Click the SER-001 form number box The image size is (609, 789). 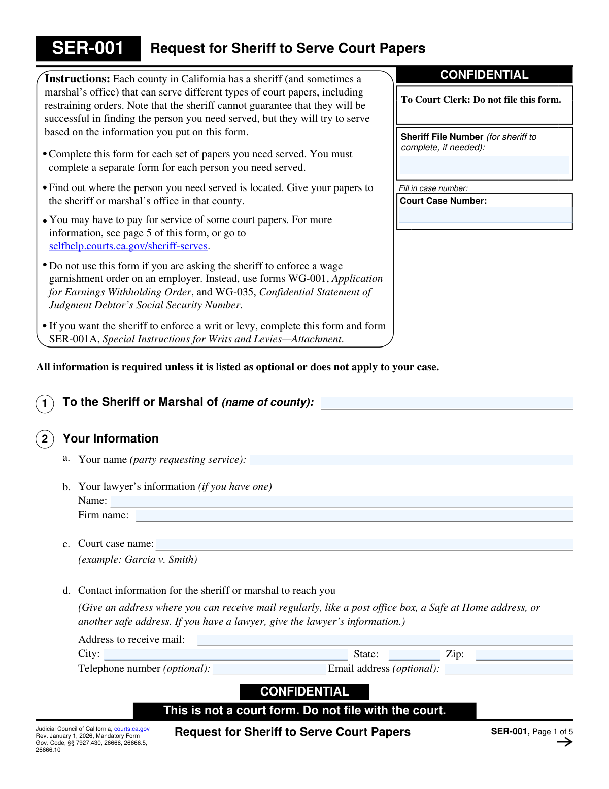[x=88, y=48]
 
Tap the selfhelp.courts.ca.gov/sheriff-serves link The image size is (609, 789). [x=128, y=246]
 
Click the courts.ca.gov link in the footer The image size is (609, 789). [x=131, y=729]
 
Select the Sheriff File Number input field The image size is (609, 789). [x=485, y=166]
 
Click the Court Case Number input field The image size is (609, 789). [x=485, y=215]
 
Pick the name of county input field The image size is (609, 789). [x=447, y=403]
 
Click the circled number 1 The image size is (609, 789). [x=45, y=404]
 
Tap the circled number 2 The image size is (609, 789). [x=45, y=439]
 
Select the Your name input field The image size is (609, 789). [x=411, y=460]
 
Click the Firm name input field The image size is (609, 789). [x=354, y=516]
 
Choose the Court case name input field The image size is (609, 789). [x=364, y=545]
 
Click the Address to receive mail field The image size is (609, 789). [x=385, y=640]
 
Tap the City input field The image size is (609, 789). [x=225, y=655]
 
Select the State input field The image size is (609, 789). [x=414, y=655]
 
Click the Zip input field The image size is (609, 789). [x=524, y=655]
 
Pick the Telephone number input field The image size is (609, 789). [x=269, y=669]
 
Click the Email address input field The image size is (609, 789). [x=509, y=669]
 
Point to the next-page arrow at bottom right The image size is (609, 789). [x=564, y=742]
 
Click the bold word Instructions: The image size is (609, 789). [x=77, y=79]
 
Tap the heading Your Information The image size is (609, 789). [x=111, y=438]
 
